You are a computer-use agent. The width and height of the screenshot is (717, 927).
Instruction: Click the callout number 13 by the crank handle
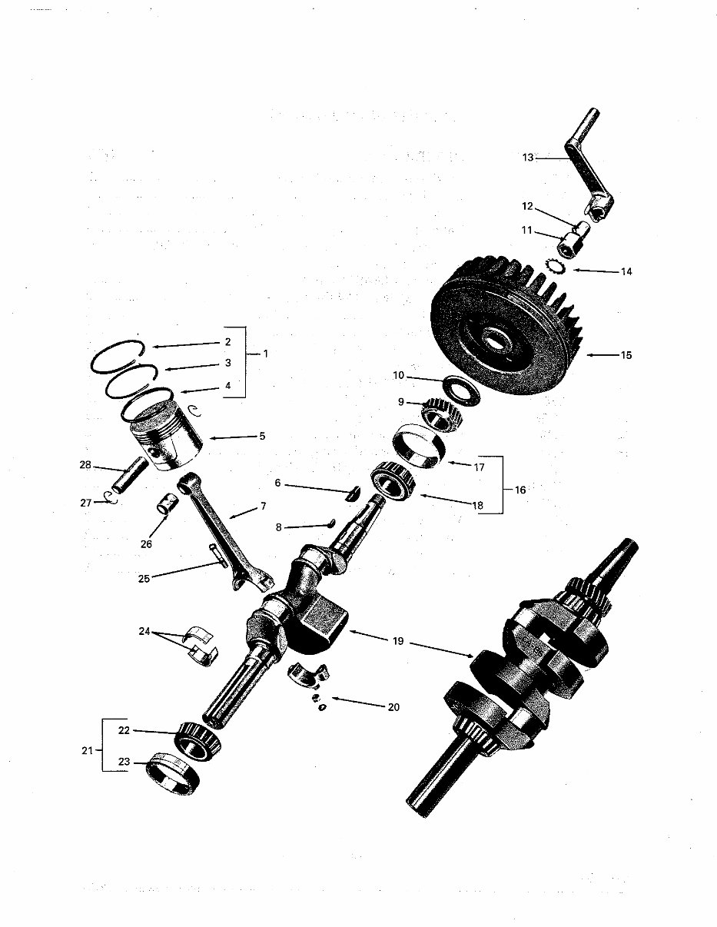point(527,158)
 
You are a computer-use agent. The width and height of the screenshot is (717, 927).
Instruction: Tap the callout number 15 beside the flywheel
point(626,355)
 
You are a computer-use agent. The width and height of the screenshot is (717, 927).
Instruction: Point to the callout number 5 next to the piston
point(262,436)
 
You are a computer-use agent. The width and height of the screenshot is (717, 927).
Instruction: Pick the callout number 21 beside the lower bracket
point(88,749)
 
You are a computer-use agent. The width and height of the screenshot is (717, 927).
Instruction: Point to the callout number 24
point(144,632)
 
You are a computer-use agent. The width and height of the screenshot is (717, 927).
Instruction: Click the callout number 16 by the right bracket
point(520,490)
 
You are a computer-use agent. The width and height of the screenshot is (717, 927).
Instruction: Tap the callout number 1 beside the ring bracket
point(266,354)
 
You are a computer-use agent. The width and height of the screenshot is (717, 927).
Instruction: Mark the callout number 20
point(393,707)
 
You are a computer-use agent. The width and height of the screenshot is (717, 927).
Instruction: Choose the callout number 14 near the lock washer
point(626,271)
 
